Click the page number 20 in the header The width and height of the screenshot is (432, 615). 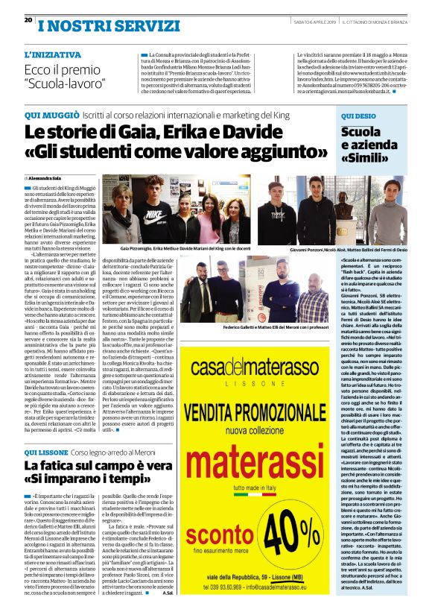click(28, 20)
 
